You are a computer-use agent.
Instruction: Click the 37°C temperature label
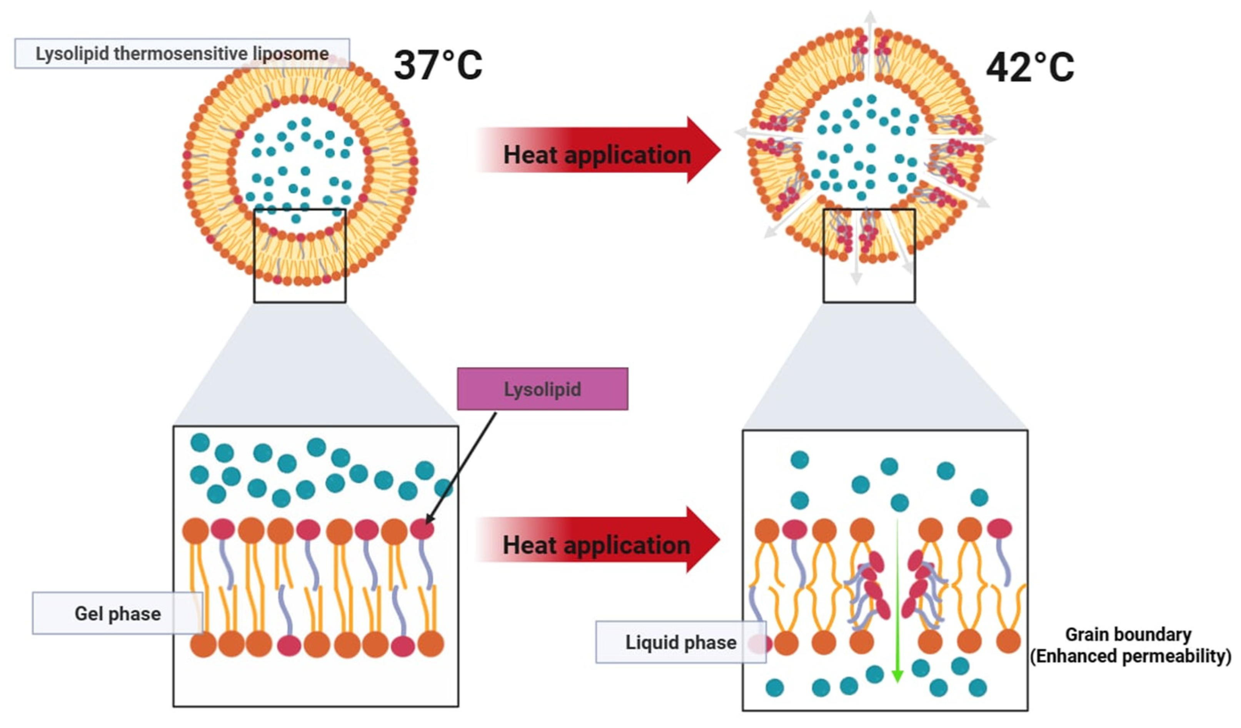point(438,65)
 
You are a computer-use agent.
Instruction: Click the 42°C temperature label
point(1030,67)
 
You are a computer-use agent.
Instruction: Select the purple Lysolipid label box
point(542,389)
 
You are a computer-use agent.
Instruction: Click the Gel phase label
point(117,613)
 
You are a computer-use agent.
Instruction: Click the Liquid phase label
point(681,642)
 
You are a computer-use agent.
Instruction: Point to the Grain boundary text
point(1128,634)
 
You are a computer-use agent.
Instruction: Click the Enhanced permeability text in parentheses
point(1130,656)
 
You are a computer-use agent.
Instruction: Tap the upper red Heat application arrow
point(598,150)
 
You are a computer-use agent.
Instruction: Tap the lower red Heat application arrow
point(598,540)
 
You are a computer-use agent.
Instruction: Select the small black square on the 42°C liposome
point(869,255)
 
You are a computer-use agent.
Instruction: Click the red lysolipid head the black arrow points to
point(422,529)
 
